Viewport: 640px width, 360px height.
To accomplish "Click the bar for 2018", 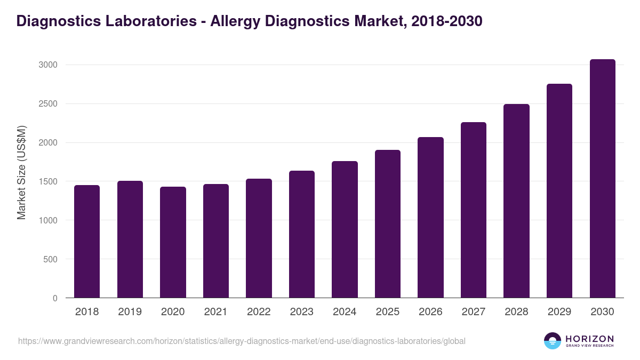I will pyautogui.click(x=87, y=241).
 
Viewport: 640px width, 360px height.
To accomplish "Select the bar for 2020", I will pyautogui.click(x=173, y=242).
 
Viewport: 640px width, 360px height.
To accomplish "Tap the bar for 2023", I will pyautogui.click(x=302, y=234).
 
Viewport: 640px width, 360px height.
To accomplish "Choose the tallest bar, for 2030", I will pyautogui.click(x=602, y=178).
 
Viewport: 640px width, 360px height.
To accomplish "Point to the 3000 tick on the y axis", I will pyautogui.click(x=47, y=65).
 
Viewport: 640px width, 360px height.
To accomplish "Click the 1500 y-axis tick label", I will pyautogui.click(x=47, y=182).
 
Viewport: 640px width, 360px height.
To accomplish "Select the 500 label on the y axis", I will pyautogui.click(x=50, y=260).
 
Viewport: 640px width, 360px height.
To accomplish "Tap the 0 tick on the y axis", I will pyautogui.click(x=55, y=299).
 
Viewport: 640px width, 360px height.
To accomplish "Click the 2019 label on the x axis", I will pyautogui.click(x=130, y=312).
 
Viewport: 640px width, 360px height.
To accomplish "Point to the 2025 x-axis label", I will pyautogui.click(x=387, y=312).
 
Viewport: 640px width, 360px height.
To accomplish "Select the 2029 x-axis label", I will pyautogui.click(x=559, y=312).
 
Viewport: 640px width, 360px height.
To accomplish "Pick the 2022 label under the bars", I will pyautogui.click(x=259, y=312).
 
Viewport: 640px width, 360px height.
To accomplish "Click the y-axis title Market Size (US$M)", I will pyautogui.click(x=22, y=172).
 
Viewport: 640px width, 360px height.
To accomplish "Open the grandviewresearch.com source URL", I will pyautogui.click(x=242, y=341).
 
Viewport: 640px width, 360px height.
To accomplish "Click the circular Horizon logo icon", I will pyautogui.click(x=552, y=341).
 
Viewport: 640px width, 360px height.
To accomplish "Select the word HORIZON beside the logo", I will pyautogui.click(x=589, y=338).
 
